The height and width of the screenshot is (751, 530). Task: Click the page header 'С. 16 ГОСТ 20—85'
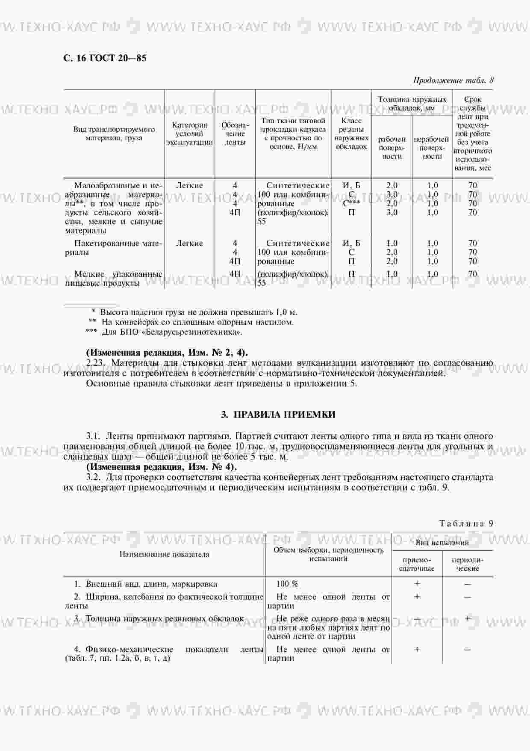(x=105, y=58)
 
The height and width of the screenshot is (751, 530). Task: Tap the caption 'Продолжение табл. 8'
(x=453, y=80)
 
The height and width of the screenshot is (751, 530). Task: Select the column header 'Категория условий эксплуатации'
(x=189, y=134)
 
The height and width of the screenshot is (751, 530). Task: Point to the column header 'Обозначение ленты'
(x=235, y=134)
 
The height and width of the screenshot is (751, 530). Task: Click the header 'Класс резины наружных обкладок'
(x=351, y=134)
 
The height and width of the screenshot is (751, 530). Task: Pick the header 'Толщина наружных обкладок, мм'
(x=412, y=104)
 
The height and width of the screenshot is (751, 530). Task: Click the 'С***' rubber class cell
(x=351, y=204)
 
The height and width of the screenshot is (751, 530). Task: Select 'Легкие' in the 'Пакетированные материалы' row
(x=189, y=243)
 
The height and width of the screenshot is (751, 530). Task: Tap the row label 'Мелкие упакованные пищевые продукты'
(x=114, y=278)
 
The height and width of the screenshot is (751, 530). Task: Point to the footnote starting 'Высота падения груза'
(x=194, y=312)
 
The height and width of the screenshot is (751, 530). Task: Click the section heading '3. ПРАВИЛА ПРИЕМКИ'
(x=278, y=414)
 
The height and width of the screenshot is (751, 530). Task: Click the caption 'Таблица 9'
(x=466, y=523)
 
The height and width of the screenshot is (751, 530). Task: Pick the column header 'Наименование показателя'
(x=164, y=554)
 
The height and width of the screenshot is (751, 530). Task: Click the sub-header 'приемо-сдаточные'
(x=417, y=564)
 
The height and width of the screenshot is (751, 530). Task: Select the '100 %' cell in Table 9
(x=287, y=584)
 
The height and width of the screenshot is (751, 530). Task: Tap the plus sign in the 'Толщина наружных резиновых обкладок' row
(x=468, y=618)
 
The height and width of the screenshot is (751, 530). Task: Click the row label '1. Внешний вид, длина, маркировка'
(x=145, y=584)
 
